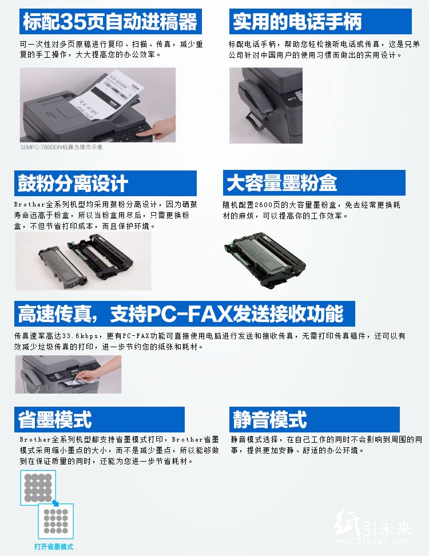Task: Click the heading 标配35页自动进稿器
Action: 110,21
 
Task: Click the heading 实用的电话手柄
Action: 297,21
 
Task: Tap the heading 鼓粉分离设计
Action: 73,183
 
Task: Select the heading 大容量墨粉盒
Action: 281,182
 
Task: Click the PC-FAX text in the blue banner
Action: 189,313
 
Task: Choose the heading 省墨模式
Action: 55,419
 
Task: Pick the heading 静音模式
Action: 270,419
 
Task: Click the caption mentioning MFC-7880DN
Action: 62,147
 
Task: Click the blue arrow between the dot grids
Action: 55,503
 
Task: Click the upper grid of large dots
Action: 38,488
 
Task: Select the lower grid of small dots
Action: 56,521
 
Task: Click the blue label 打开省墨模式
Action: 54,546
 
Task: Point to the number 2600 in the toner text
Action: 263,205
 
